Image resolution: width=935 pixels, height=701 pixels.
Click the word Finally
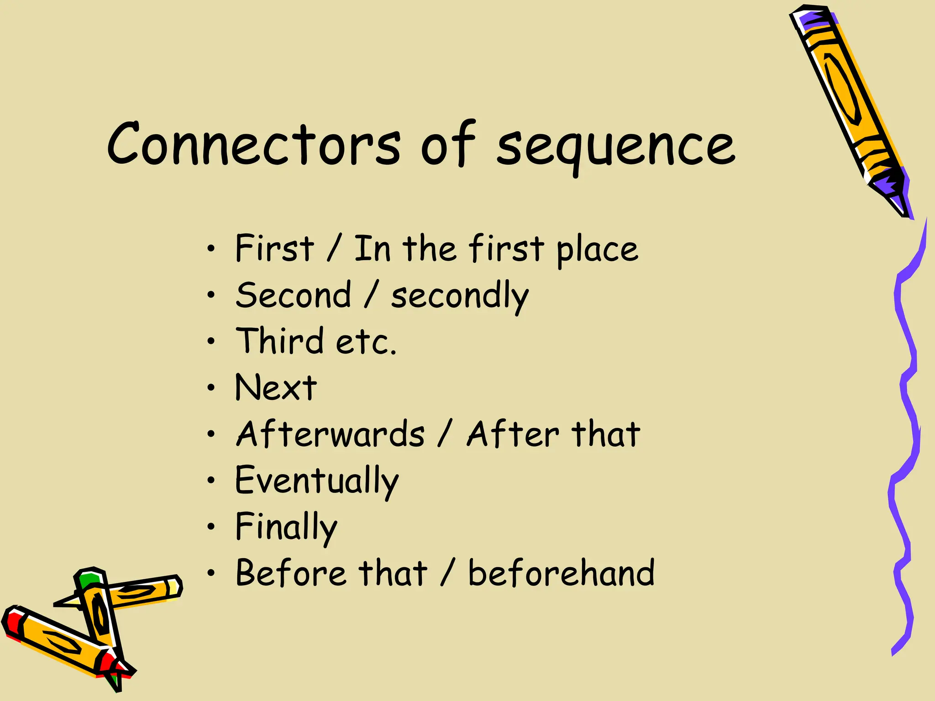coord(286,527)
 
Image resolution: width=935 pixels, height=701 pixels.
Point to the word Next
coord(275,387)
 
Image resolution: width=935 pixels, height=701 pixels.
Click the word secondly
coord(460,296)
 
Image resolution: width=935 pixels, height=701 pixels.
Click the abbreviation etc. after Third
coord(366,342)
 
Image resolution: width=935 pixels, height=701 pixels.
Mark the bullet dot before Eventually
coord(210,480)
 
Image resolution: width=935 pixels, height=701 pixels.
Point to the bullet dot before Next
coord(210,387)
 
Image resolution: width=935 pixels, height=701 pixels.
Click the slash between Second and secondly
coord(371,295)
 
